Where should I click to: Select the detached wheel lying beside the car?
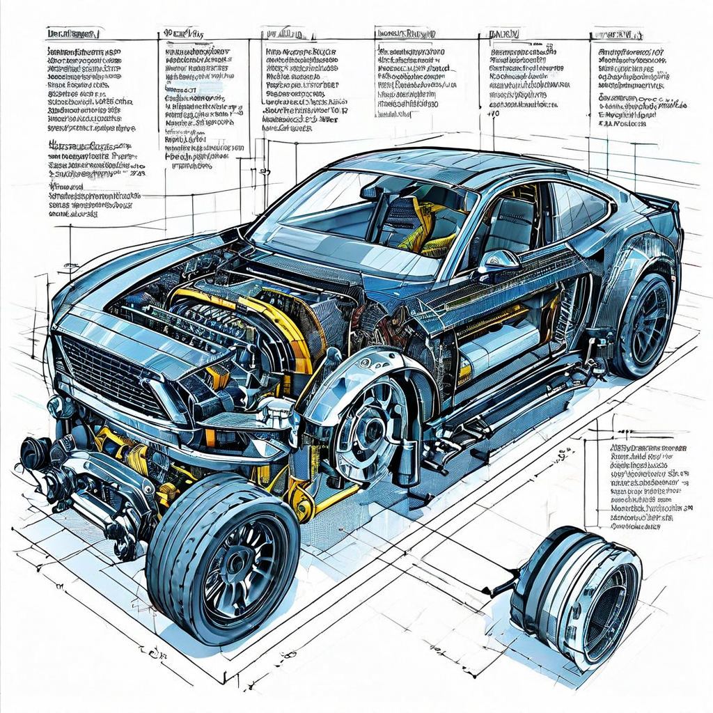578,596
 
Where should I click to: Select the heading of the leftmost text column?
72,33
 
